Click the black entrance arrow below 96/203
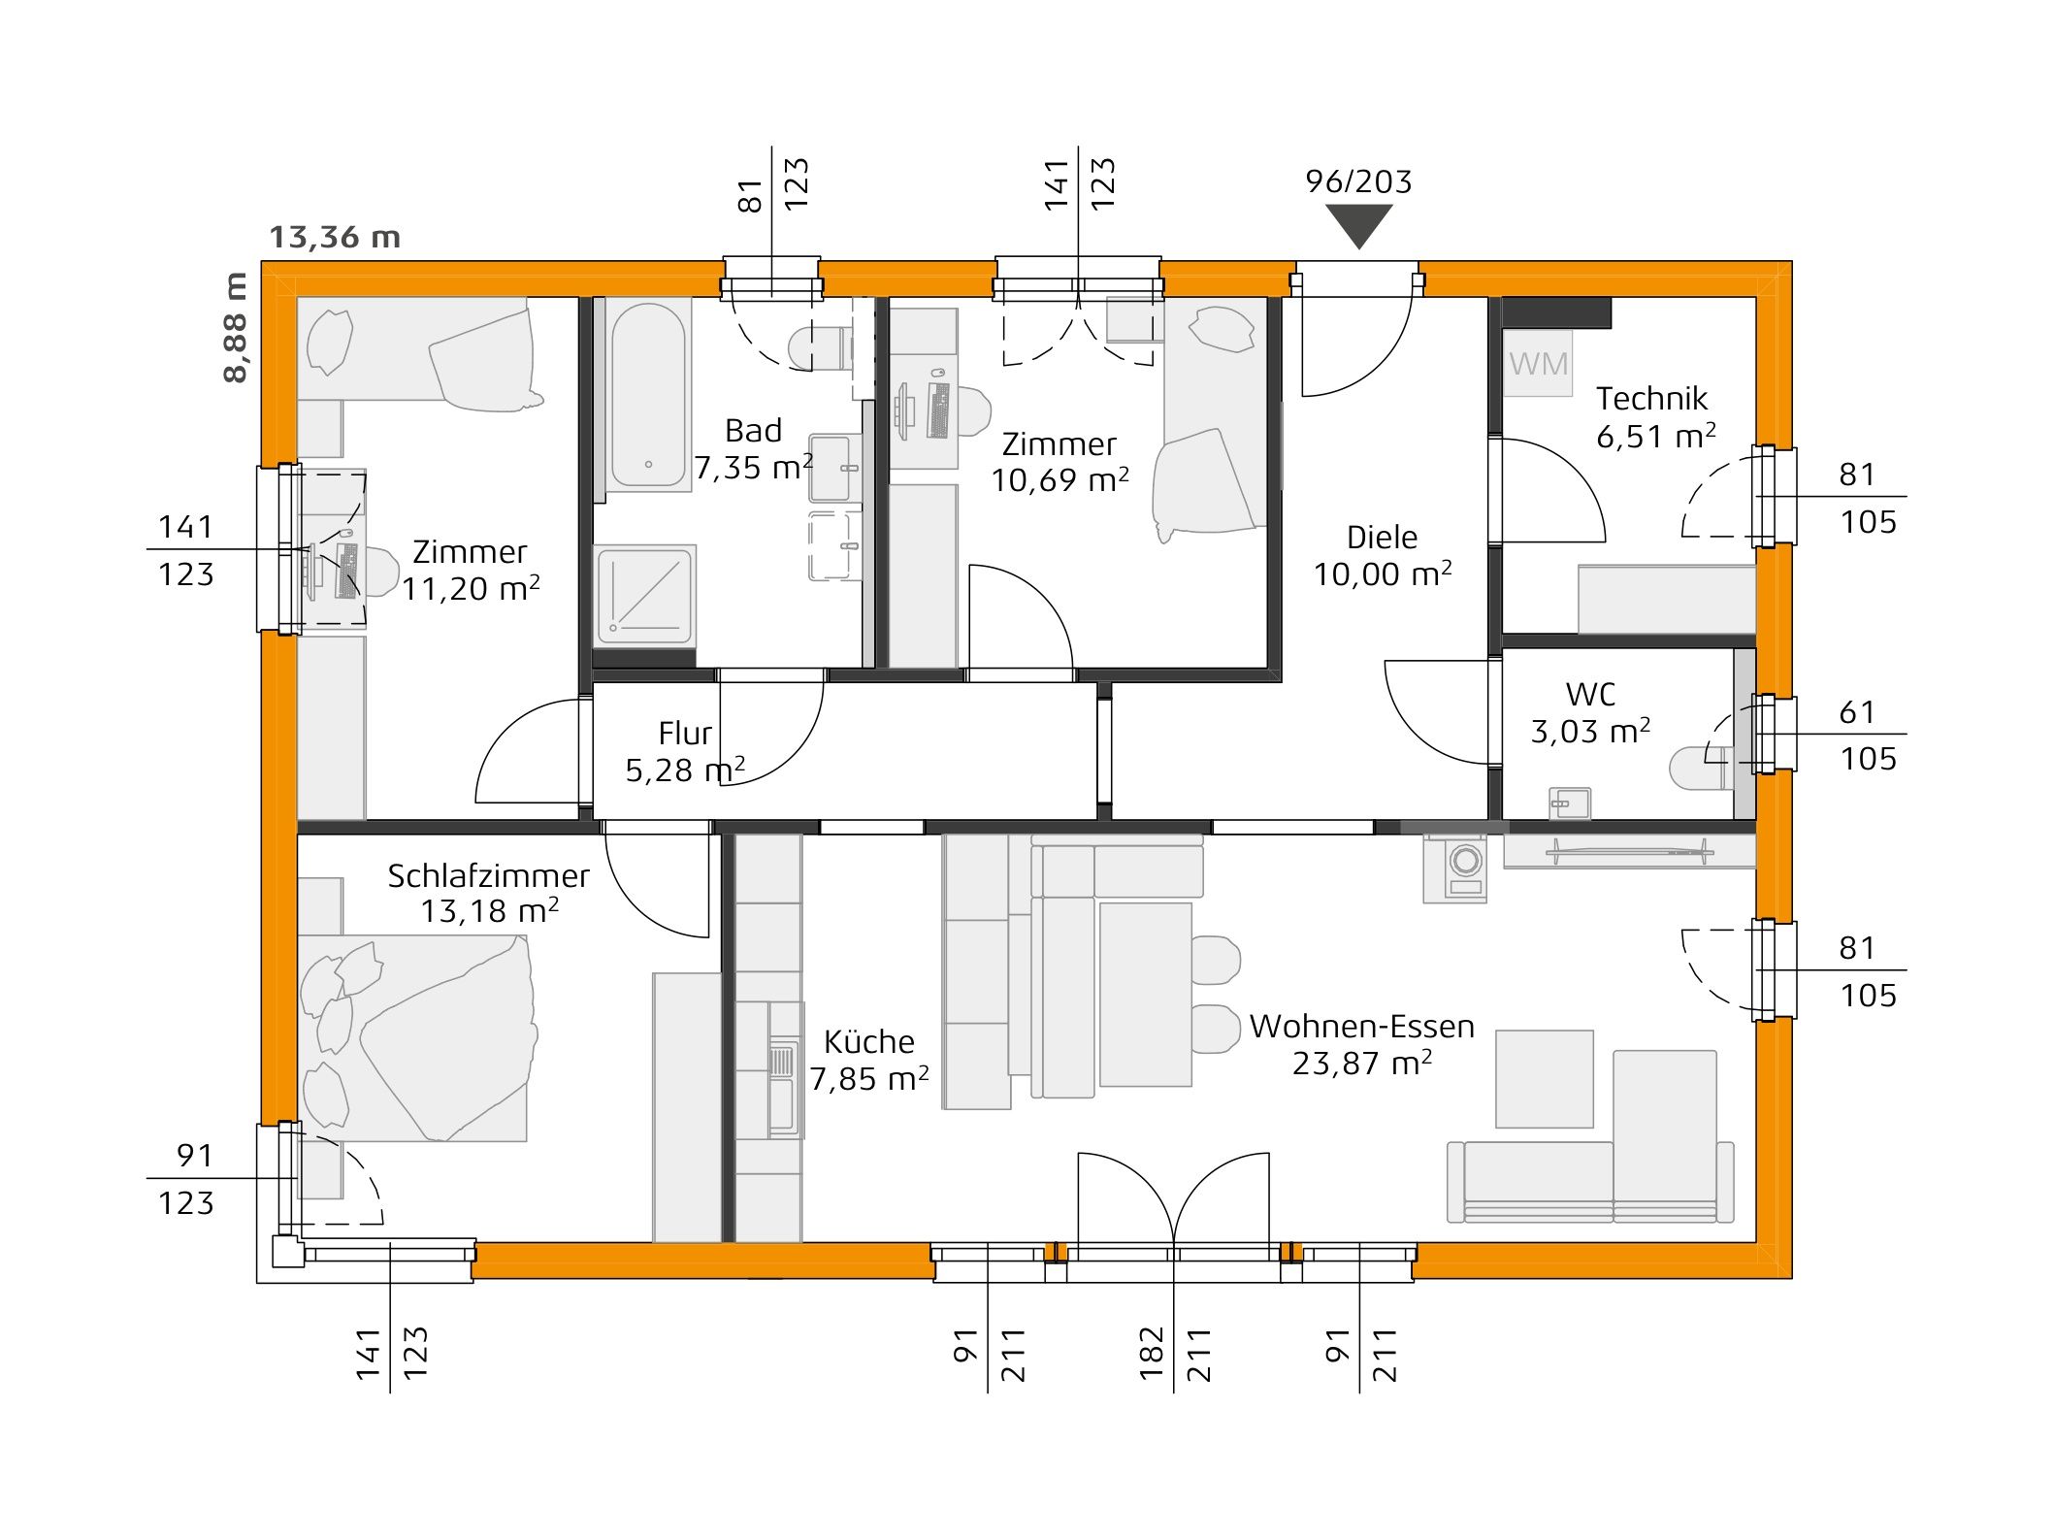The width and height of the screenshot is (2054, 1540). coord(1358,226)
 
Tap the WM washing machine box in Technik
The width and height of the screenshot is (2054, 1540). coord(1537,364)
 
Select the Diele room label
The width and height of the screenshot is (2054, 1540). coord(1382,538)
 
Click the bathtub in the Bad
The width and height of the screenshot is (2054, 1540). coord(647,396)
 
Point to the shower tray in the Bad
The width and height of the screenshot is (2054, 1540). coord(644,595)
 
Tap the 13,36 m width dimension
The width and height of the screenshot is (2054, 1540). coord(334,237)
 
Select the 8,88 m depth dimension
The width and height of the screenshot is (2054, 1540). coord(236,327)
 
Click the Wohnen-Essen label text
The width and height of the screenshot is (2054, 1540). coord(1361,1027)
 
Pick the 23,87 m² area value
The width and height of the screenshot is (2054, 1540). coord(1361,1064)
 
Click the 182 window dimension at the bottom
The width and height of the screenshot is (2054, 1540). coord(1151,1353)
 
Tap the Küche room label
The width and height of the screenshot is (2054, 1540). coord(868,1042)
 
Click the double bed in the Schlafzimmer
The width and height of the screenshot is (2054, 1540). coord(417,1038)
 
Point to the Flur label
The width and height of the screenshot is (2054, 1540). coord(684,733)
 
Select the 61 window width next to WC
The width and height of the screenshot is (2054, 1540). coord(1856,712)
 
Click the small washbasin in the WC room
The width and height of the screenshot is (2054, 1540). coord(1569,803)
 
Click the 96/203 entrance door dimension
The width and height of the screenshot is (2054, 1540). coord(1358,181)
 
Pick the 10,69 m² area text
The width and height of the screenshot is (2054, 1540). coord(1060,480)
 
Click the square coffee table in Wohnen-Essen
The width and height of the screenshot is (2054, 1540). coord(1544,1079)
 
